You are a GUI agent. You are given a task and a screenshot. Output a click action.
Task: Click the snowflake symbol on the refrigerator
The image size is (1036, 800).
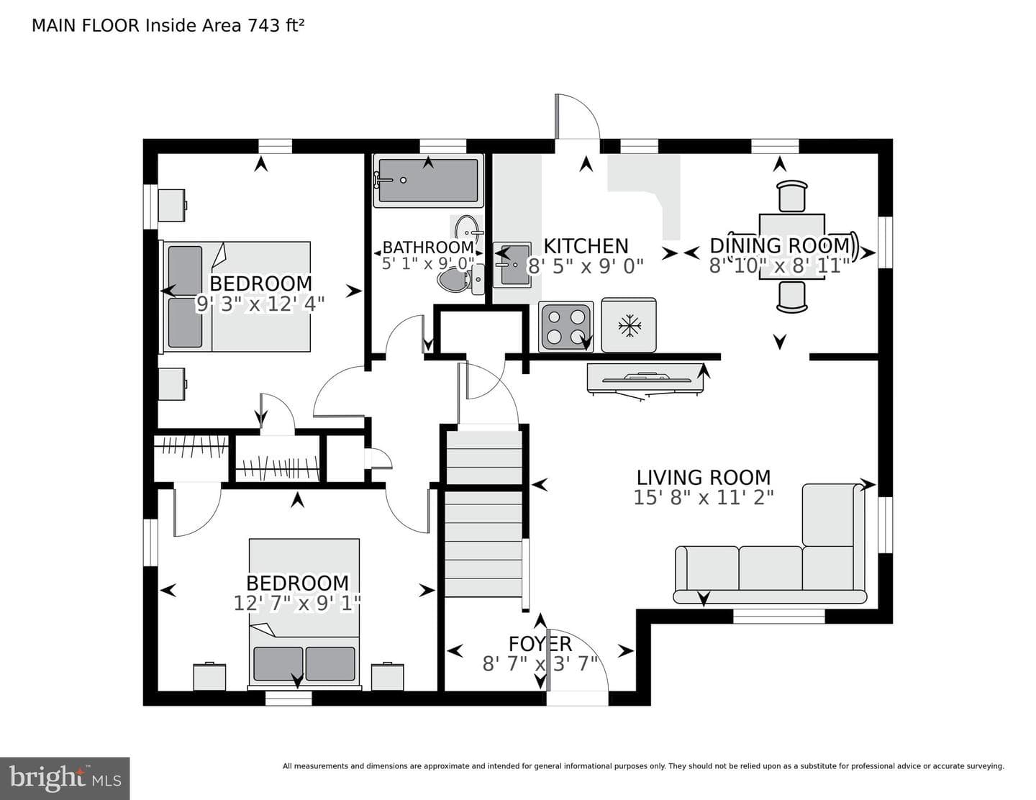click(x=629, y=326)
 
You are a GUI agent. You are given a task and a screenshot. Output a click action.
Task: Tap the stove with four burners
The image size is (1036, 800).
click(x=566, y=327)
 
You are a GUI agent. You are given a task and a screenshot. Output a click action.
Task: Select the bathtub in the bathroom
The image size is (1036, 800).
click(x=427, y=180)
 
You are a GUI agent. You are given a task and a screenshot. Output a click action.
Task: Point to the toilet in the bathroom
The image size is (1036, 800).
click(x=459, y=280)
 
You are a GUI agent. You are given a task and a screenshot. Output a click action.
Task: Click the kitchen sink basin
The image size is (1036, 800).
click(x=514, y=265)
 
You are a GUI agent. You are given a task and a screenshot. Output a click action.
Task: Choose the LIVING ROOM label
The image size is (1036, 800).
click(x=703, y=477)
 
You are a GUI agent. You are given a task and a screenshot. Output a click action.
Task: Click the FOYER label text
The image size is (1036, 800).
click(x=540, y=644)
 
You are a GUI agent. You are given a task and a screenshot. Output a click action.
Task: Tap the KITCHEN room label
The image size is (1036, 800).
click(x=586, y=246)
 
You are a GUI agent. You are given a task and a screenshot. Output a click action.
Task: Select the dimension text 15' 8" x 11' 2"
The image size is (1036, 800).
click(x=703, y=498)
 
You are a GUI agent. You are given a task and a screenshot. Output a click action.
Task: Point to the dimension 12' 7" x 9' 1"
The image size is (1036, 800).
click(x=296, y=604)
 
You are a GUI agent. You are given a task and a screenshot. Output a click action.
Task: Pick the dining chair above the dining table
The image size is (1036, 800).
click(x=792, y=196)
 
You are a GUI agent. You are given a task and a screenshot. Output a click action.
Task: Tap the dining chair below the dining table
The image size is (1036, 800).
click(x=792, y=297)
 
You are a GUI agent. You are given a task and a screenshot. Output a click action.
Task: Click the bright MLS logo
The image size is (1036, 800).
click(x=65, y=778)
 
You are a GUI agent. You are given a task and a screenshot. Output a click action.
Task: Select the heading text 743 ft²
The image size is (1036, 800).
click(x=276, y=25)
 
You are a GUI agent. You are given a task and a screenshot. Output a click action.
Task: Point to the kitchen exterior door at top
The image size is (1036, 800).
click(x=577, y=117)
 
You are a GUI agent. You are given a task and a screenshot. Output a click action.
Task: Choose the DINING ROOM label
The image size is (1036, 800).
click(x=779, y=245)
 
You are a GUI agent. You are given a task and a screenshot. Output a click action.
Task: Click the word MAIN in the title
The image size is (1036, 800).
click(x=55, y=25)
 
